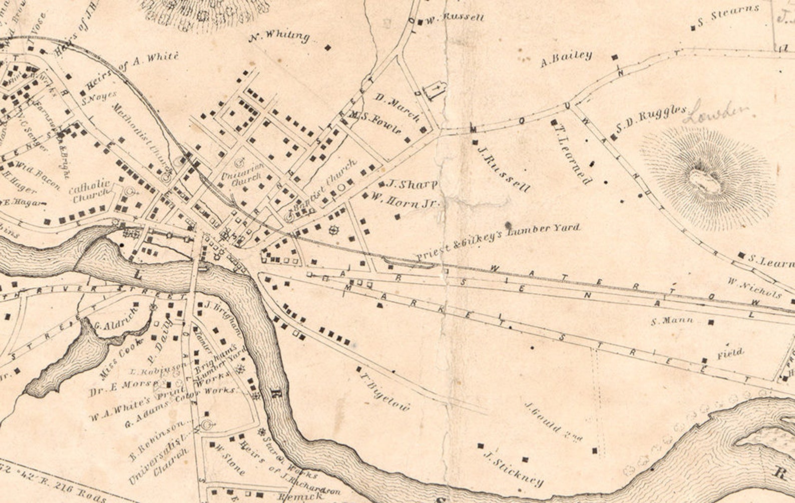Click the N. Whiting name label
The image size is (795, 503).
[x=279, y=36]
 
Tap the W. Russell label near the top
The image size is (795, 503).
[x=455, y=19]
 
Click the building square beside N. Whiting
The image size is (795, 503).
[x=328, y=48]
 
